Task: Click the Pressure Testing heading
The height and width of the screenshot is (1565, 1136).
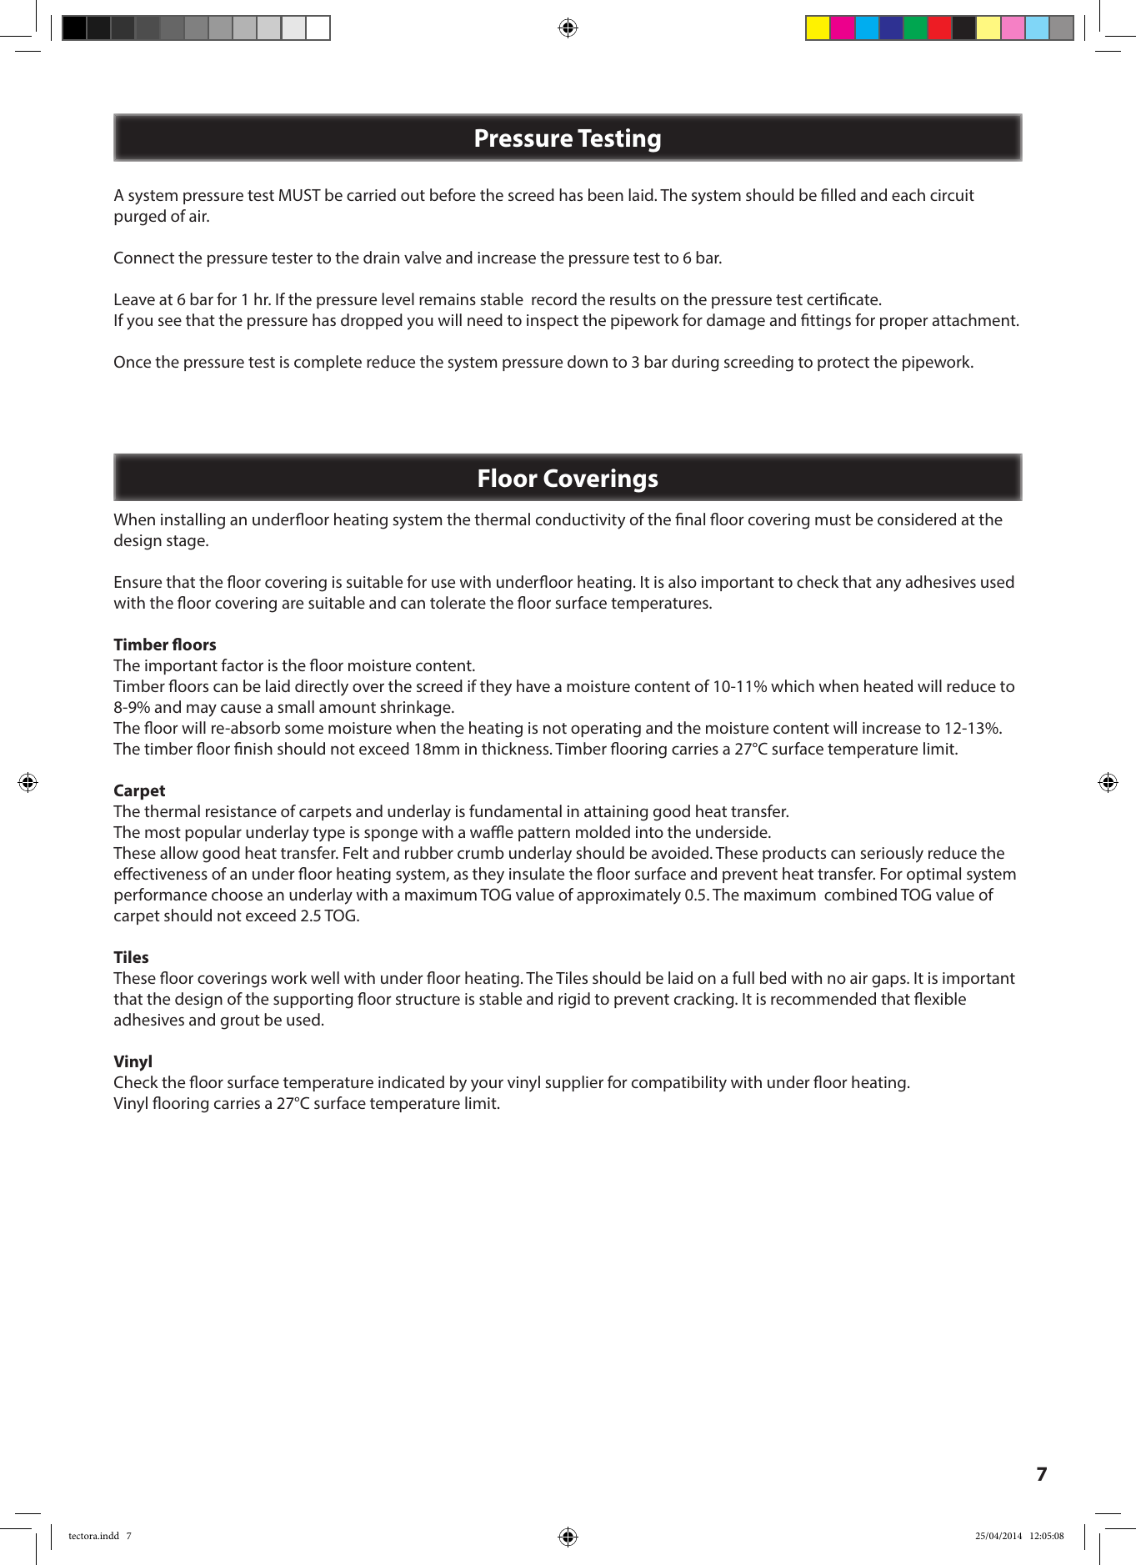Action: coord(567,138)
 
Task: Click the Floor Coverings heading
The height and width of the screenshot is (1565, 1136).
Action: coord(567,479)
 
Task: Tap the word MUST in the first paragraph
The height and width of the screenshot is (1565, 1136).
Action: coord(298,196)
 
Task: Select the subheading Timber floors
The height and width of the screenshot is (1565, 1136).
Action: coord(164,645)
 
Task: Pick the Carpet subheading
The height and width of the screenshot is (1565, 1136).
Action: coord(139,790)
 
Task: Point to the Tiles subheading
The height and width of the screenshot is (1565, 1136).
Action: coord(131,957)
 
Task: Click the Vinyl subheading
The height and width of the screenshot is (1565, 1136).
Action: coord(133,1061)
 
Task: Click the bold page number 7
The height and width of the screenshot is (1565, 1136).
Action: coord(1041,1474)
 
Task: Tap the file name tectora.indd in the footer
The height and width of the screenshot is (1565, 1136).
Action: coord(93,1536)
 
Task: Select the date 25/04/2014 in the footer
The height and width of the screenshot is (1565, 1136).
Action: coord(998,1536)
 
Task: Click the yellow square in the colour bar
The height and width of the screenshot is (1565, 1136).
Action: coord(818,28)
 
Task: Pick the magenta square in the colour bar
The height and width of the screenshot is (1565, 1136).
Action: coord(843,28)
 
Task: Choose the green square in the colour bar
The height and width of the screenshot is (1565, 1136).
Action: coord(915,28)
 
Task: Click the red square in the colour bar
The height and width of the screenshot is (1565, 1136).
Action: coord(939,28)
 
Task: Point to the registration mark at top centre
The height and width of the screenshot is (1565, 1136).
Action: coord(568,28)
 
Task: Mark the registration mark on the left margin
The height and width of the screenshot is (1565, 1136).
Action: coord(28,782)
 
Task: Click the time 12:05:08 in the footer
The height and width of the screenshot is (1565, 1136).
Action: coord(1046,1536)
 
